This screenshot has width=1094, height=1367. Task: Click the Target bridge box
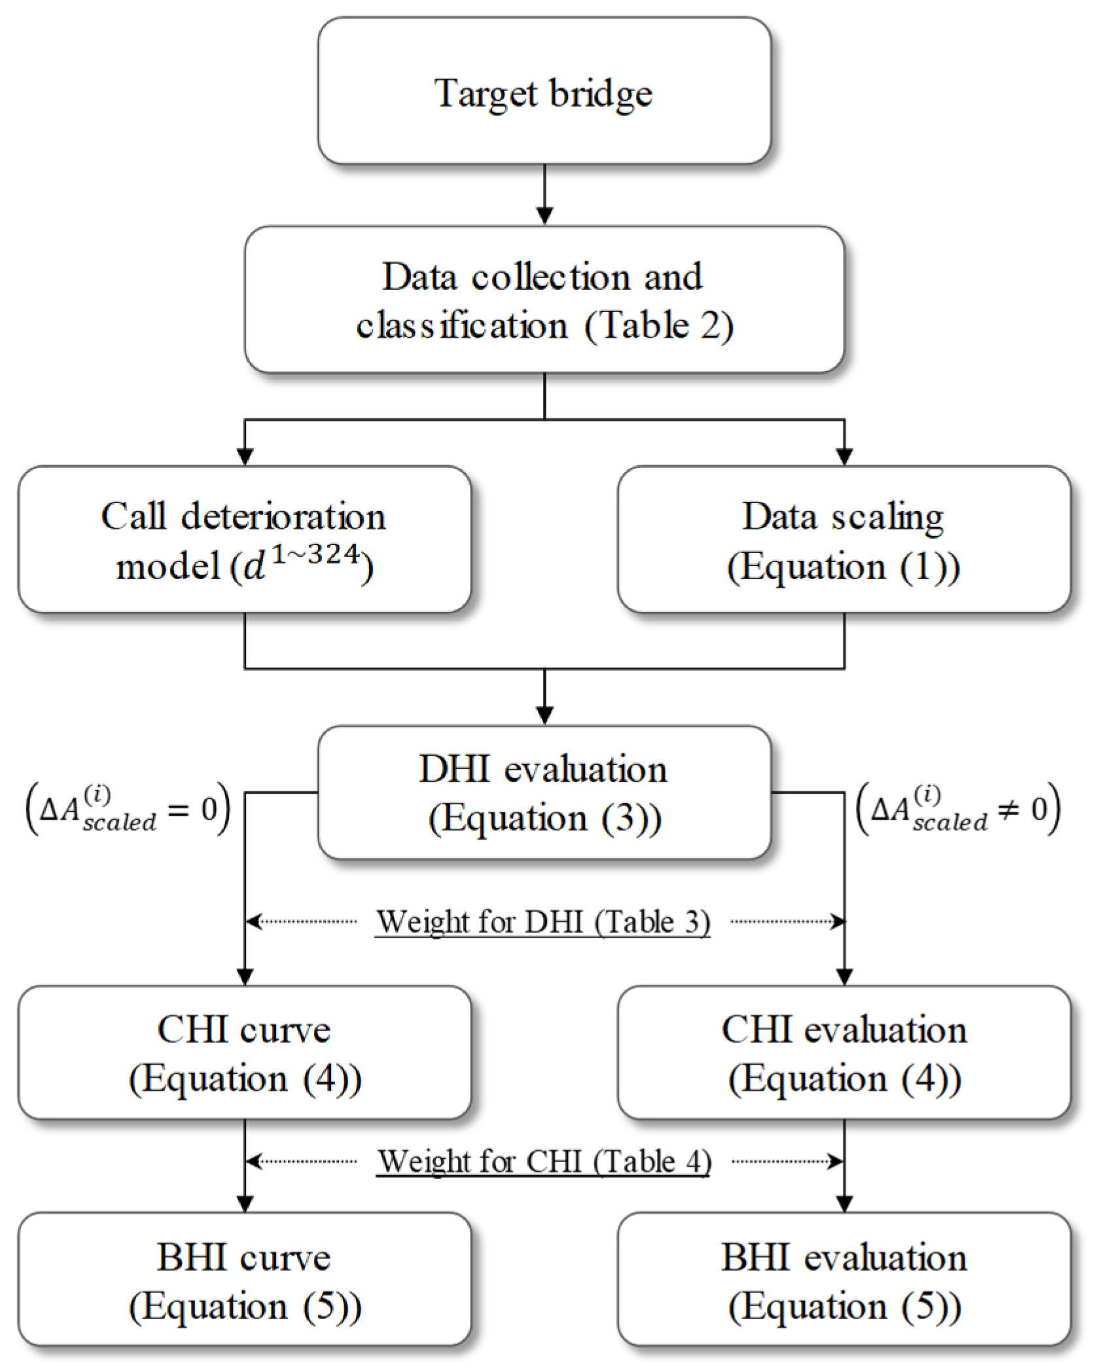click(544, 91)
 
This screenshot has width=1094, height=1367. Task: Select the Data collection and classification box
click(544, 300)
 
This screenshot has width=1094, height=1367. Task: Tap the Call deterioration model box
click(244, 540)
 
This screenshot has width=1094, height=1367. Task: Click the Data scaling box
click(843, 540)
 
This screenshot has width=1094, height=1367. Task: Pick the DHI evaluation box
click(544, 792)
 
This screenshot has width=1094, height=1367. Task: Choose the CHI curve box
click(244, 1053)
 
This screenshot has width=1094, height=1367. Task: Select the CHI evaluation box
click(843, 1053)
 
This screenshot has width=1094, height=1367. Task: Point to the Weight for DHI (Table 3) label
click(543, 922)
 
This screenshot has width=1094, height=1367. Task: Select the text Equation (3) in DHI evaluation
click(545, 819)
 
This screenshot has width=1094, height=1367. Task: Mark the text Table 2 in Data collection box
click(658, 325)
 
